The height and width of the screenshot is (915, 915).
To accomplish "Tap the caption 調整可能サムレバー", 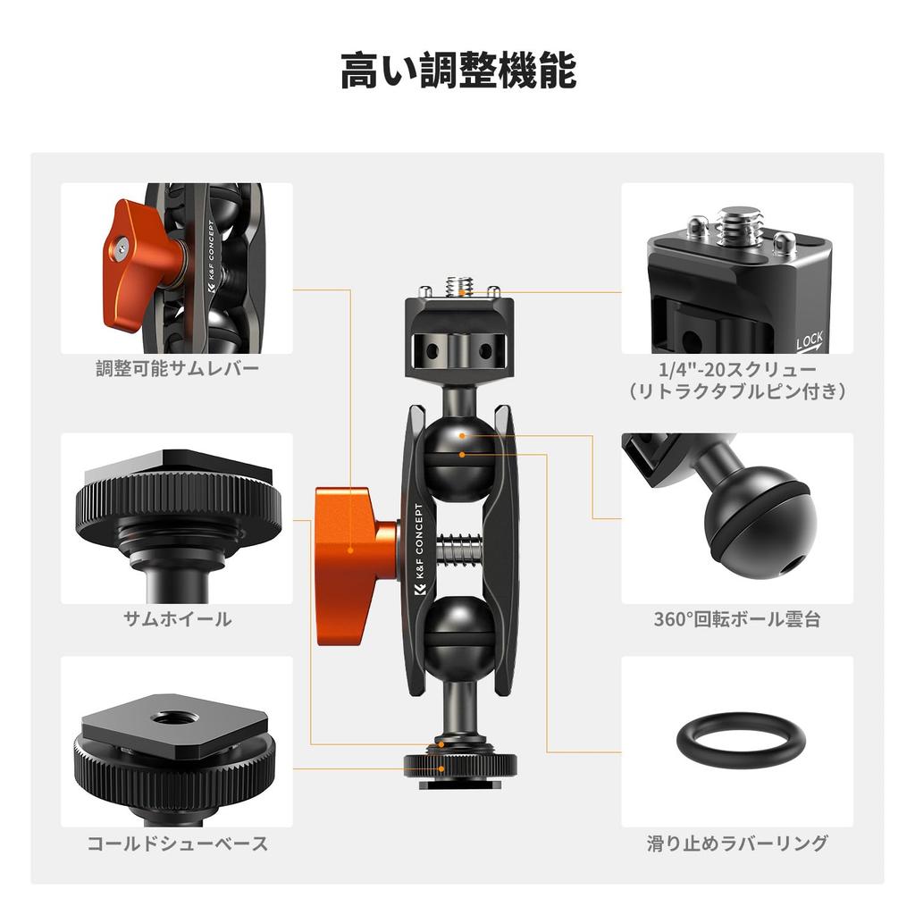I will click(x=177, y=369).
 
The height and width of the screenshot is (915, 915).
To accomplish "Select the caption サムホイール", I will click(x=177, y=618).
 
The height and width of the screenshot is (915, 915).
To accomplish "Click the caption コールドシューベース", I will click(x=177, y=843).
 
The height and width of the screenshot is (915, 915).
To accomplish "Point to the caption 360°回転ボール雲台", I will click(x=737, y=618).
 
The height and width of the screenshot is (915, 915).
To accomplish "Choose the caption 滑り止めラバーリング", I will click(x=737, y=843).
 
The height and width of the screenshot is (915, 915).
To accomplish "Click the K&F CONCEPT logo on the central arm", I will click(x=420, y=554).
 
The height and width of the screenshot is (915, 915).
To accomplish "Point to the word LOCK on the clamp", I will click(x=809, y=340).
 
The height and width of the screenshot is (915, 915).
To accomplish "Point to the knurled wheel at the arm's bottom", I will click(x=460, y=764).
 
